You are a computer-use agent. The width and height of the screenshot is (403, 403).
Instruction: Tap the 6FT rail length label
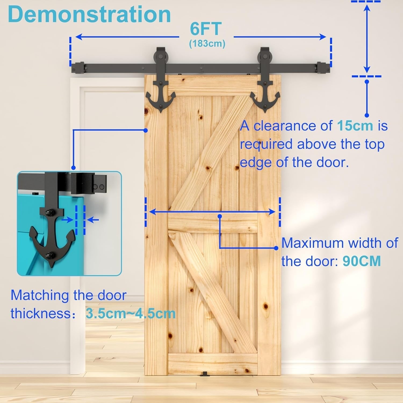coord(206,29)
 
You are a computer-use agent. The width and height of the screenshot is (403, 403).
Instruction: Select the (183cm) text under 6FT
coord(207,44)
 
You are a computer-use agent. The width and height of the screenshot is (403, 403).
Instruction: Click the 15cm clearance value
coord(355,126)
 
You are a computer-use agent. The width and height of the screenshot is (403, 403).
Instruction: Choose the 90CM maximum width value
coord(362,261)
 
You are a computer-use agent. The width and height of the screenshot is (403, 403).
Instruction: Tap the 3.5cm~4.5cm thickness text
coord(131,314)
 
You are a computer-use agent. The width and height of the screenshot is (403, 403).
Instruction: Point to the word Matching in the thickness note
coord(40,296)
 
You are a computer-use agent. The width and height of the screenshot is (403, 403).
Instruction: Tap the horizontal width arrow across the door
coord(212,212)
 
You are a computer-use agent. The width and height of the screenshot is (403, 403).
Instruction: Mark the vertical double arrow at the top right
coord(367,39)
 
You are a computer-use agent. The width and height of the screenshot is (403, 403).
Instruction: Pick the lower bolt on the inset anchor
coord(49,255)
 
